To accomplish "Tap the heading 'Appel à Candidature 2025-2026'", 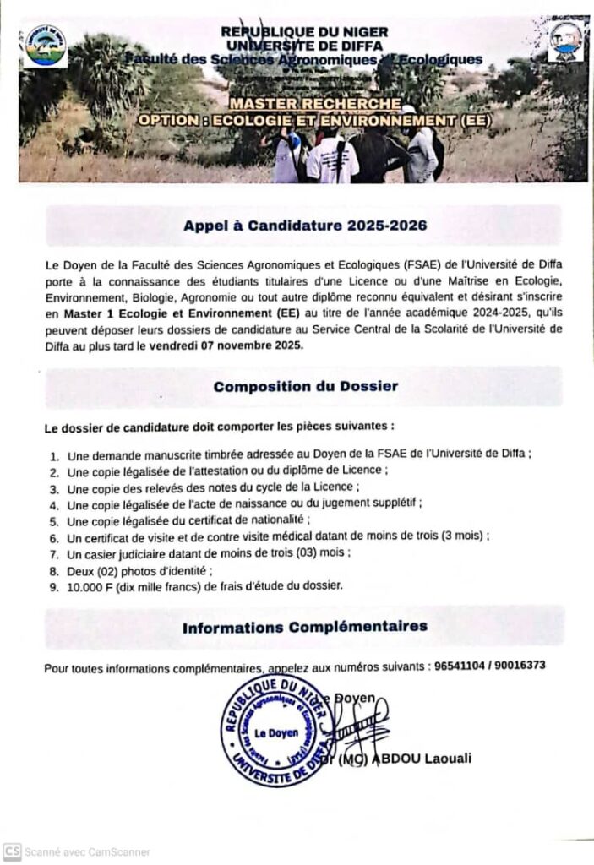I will pyautogui.click(x=305, y=226).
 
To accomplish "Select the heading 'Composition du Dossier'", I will pyautogui.click(x=305, y=386).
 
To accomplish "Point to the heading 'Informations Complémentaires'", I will pyautogui.click(x=305, y=626).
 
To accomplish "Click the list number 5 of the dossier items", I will pyautogui.click(x=53, y=520).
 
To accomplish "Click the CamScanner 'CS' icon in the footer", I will pyautogui.click(x=12, y=851).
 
